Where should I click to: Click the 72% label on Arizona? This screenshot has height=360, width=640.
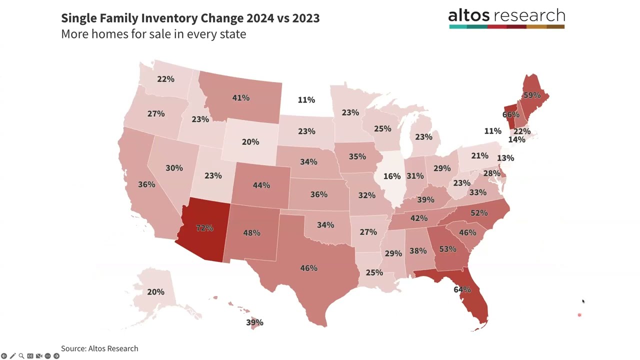tap(204, 228)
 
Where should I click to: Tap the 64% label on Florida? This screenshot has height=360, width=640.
tap(462, 289)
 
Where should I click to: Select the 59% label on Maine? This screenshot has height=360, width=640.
tap(531, 95)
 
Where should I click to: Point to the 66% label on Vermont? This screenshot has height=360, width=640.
tap(510, 114)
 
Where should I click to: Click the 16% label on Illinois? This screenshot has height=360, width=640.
tap(392, 176)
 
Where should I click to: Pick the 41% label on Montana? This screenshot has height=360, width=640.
tap(240, 98)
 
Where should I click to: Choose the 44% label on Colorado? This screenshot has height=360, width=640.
tap(261, 185)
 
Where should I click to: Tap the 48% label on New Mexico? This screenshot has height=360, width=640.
tap(251, 232)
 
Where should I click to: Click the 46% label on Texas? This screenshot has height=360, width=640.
tap(308, 268)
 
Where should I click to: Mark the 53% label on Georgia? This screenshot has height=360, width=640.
tap(447, 248)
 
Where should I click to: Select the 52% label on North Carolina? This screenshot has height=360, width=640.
tap(478, 213)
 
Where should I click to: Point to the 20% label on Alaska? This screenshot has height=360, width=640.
tap(155, 292)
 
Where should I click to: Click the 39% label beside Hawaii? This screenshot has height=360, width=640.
tap(254, 322)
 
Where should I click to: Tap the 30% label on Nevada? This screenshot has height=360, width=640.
tap(174, 168)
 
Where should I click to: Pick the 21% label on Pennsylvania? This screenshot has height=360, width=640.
tap(479, 156)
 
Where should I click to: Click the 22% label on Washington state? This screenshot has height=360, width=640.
tap(165, 79)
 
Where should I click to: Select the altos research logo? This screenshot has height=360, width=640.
tap(506, 18)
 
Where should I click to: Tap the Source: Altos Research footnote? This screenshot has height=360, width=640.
tap(99, 348)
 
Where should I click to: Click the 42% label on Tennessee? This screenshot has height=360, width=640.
tap(418, 218)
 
